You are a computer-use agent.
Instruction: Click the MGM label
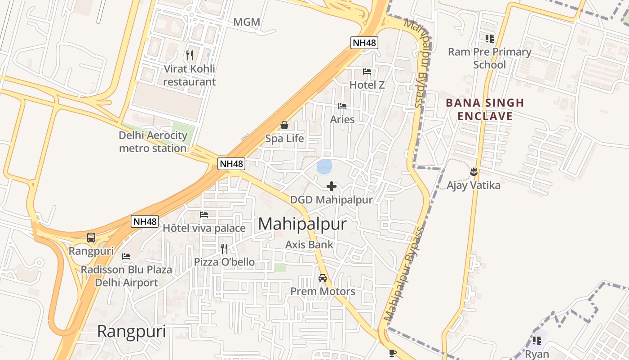[x=247, y=22]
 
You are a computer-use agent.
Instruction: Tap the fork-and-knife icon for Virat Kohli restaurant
[x=190, y=55]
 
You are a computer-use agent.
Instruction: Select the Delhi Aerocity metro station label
[x=153, y=142]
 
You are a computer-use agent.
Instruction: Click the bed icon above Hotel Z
[x=367, y=71]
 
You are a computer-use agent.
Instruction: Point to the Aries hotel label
[x=342, y=120]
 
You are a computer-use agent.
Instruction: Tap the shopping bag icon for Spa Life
[x=284, y=125]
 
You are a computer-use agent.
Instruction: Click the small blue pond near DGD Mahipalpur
[x=324, y=166]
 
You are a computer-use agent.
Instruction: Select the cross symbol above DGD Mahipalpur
[x=332, y=186]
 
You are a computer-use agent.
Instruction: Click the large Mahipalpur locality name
[x=303, y=224]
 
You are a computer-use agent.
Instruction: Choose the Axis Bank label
[x=310, y=245]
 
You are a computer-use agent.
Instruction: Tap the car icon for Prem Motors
[x=323, y=278]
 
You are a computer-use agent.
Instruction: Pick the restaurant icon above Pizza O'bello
[x=224, y=248]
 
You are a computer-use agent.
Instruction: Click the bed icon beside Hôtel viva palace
[x=204, y=215]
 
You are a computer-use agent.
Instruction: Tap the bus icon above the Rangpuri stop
[x=91, y=237]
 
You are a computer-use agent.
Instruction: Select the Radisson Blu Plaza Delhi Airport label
[x=126, y=276]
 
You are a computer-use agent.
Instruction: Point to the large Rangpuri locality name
[x=132, y=332]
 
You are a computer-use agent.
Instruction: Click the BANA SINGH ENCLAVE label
[x=485, y=109]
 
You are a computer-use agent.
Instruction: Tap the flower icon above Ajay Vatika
[x=473, y=171]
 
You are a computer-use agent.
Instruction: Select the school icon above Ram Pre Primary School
[x=489, y=39]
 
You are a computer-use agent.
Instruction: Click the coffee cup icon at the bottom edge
[x=393, y=353]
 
